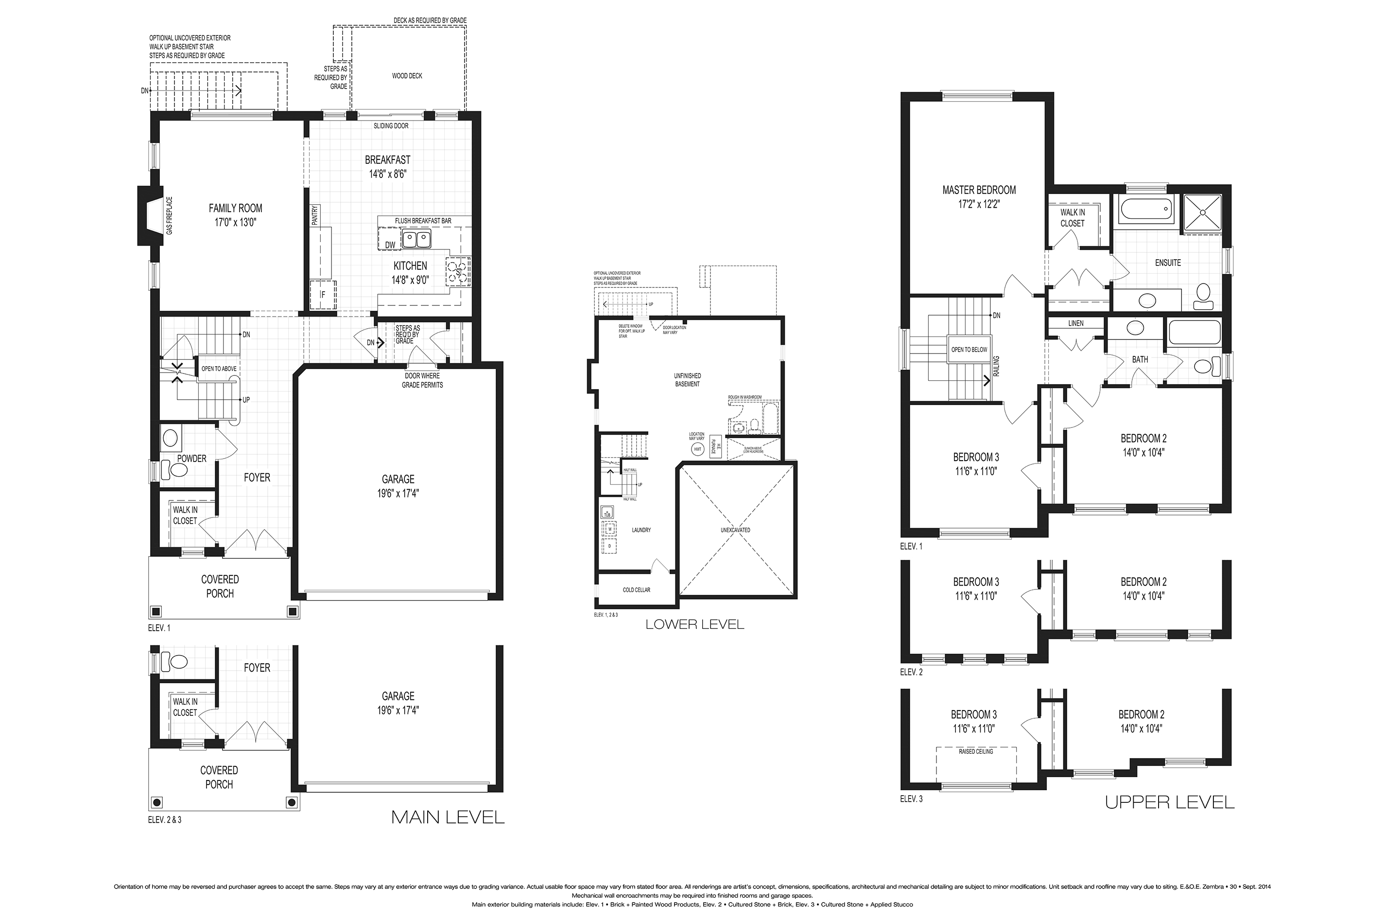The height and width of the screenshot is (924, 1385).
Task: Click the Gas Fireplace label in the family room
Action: (170, 215)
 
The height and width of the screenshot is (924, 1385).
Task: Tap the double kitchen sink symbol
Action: (416, 239)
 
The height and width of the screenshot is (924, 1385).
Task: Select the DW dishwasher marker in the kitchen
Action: (390, 245)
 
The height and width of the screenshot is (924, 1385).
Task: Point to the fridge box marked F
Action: (323, 295)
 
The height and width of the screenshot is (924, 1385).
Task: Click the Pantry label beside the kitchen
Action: (315, 214)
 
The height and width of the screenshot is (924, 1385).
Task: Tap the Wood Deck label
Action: (407, 76)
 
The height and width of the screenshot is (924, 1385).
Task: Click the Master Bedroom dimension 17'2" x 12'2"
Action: (979, 204)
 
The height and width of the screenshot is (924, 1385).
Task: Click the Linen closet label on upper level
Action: (1076, 323)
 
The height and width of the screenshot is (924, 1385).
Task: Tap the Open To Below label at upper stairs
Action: (969, 350)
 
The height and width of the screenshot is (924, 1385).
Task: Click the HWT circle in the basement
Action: (698, 449)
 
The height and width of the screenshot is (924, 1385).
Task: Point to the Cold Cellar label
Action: (637, 590)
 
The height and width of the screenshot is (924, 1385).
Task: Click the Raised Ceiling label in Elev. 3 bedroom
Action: (976, 752)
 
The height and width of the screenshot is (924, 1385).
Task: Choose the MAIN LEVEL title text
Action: (448, 817)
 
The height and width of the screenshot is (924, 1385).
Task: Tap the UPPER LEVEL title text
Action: (1170, 802)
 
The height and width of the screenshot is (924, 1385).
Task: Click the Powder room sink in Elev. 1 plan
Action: (170, 438)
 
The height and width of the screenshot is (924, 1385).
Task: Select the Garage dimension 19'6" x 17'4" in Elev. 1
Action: (398, 494)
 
